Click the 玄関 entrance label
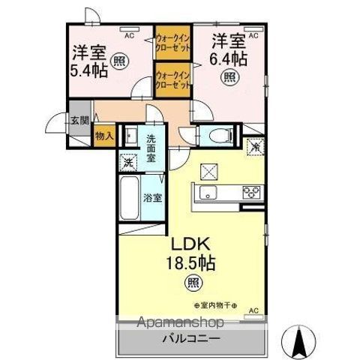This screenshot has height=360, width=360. click(x=79, y=120)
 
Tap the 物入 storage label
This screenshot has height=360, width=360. click(x=103, y=136)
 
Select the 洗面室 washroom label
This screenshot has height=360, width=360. click(x=151, y=148)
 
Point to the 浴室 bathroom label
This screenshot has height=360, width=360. click(x=154, y=199)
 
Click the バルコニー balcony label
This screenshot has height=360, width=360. click(x=192, y=339)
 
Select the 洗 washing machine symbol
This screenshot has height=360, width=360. click(x=127, y=161)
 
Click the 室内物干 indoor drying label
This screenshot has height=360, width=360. click(x=215, y=305)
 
